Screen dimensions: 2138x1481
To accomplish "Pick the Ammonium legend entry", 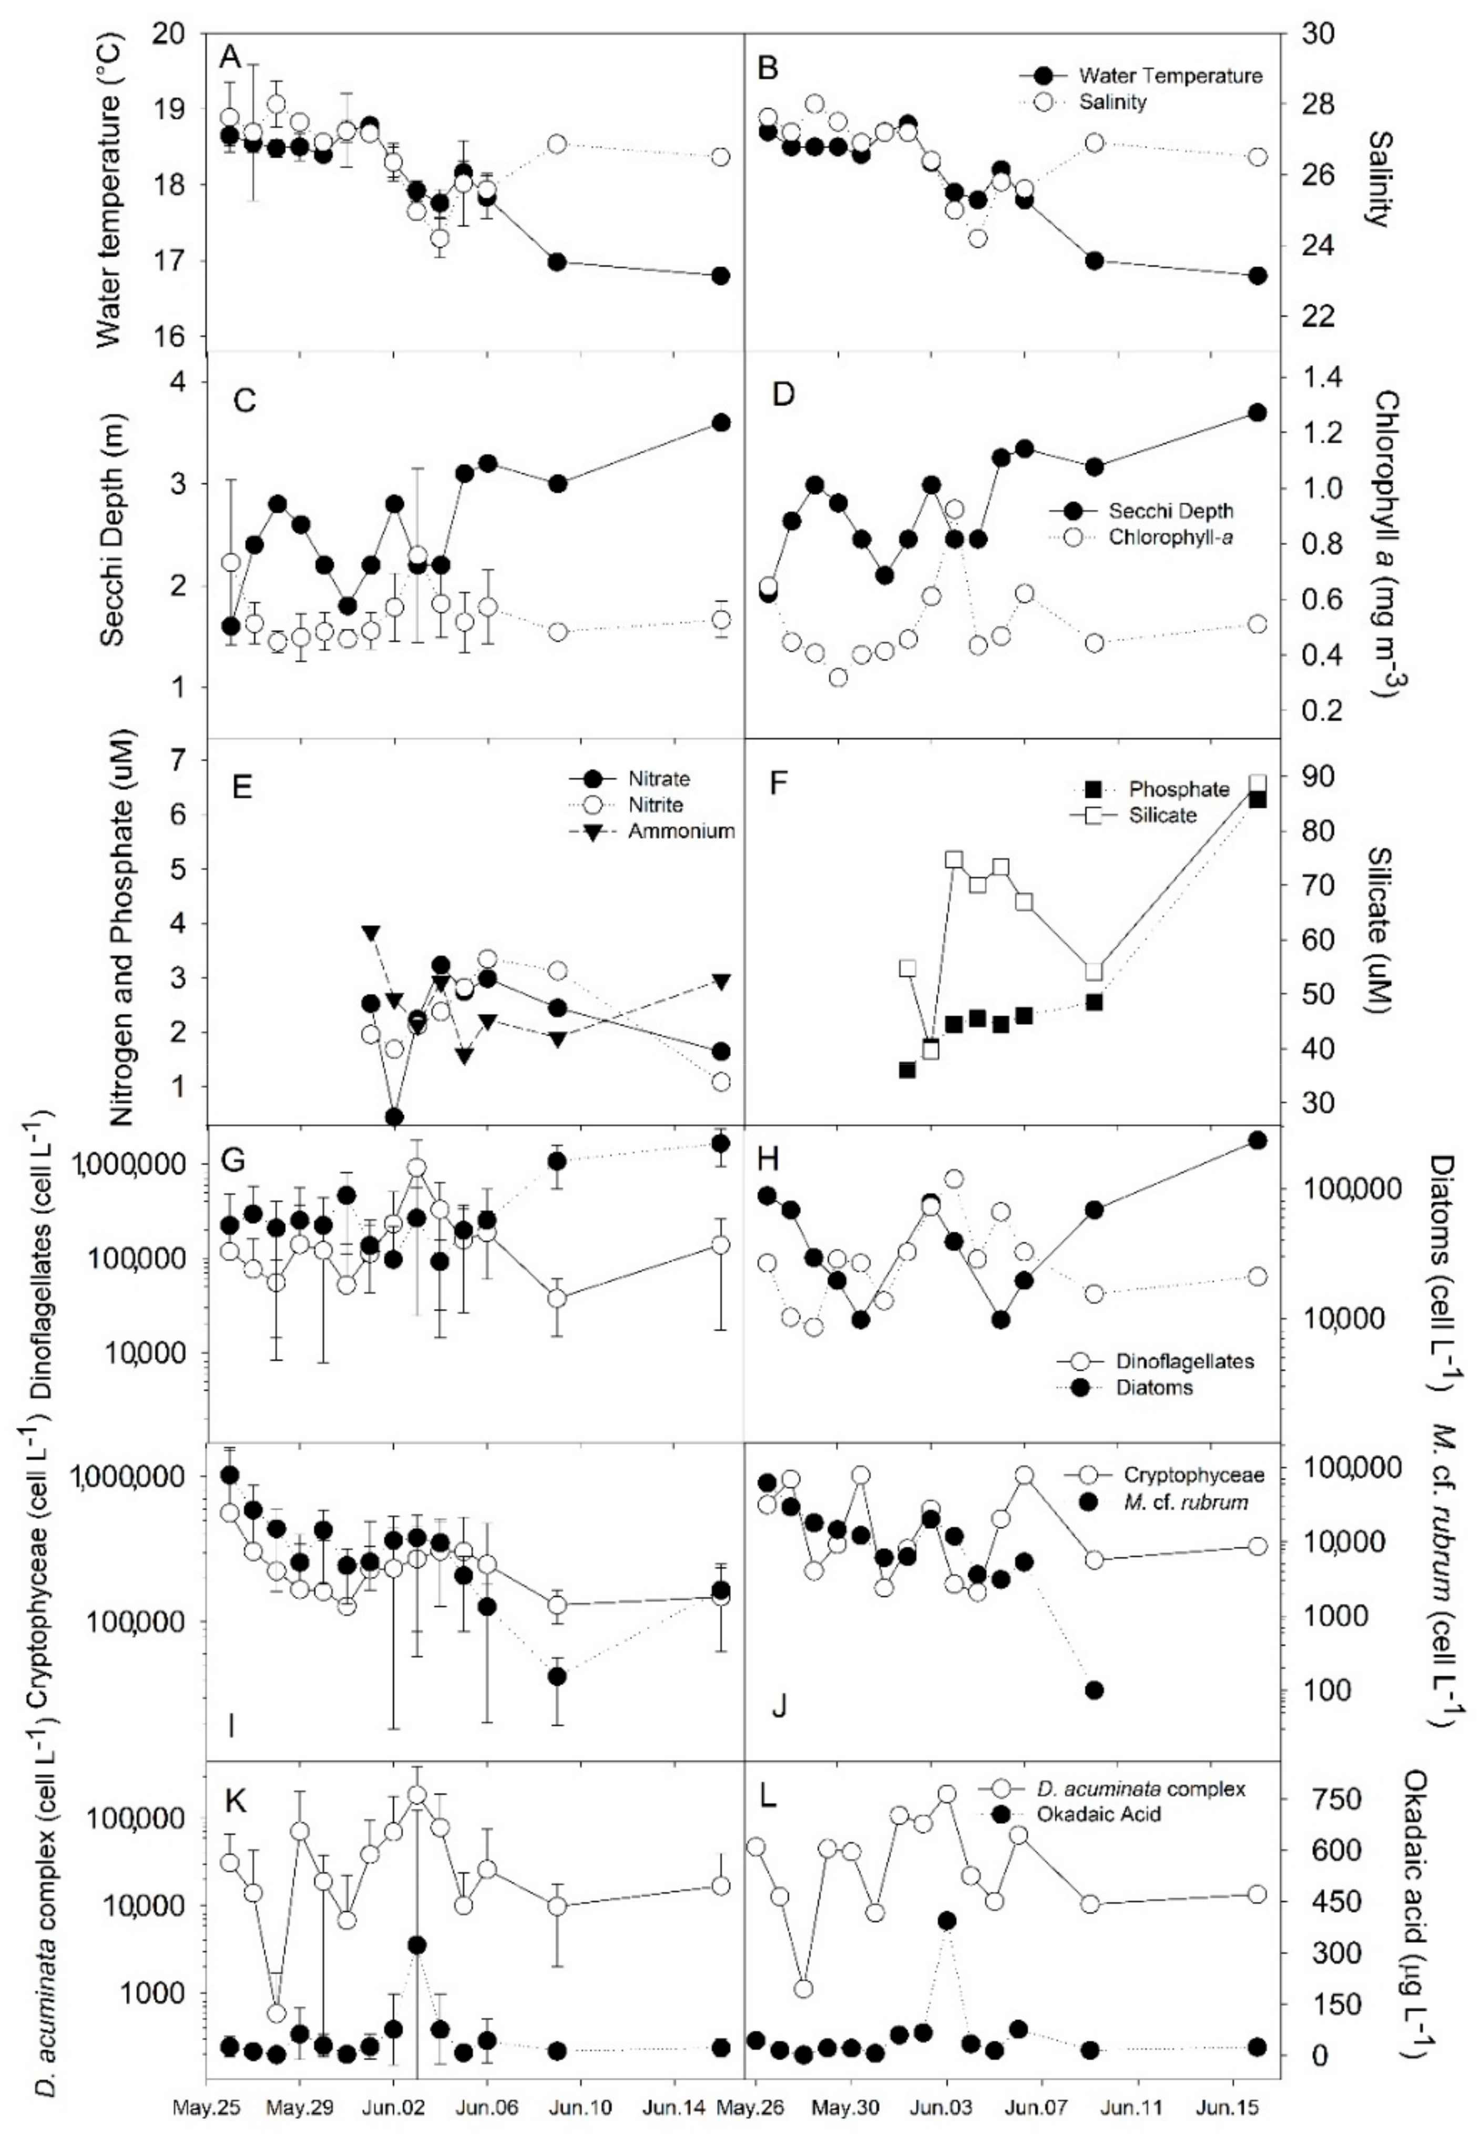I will click(681, 831).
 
